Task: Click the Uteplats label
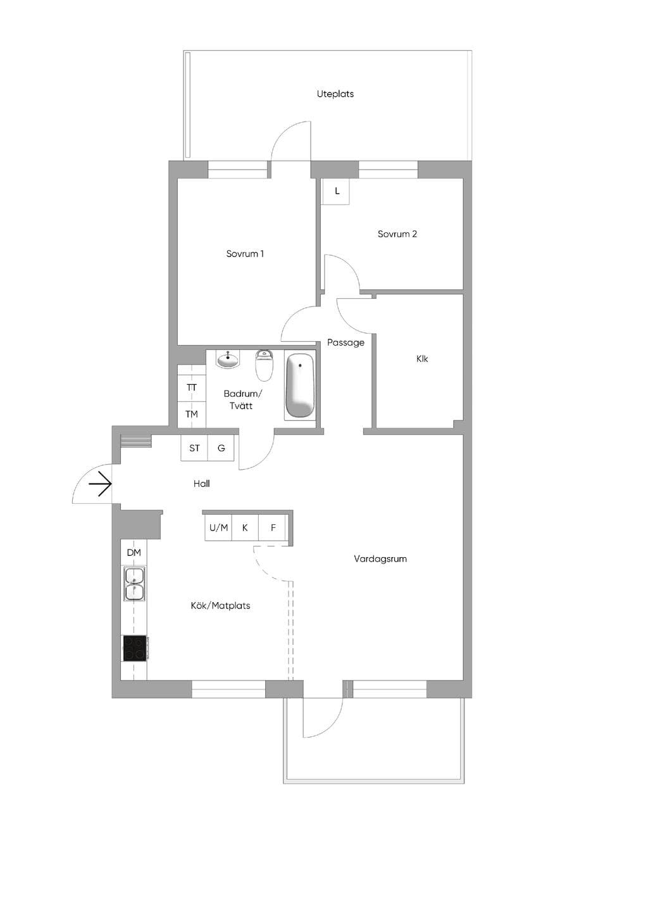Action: (x=335, y=94)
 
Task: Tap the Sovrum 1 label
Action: (x=245, y=254)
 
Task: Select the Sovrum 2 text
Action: (x=397, y=234)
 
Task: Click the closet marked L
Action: (x=335, y=191)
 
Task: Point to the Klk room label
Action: (x=422, y=359)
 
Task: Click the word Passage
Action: (x=346, y=342)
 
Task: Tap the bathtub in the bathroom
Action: (x=300, y=385)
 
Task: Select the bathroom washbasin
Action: (x=228, y=359)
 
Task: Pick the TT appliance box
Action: (x=192, y=388)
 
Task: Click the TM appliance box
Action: (x=192, y=414)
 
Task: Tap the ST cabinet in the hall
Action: (x=194, y=448)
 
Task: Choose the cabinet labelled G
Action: (x=221, y=448)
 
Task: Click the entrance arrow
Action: (x=100, y=484)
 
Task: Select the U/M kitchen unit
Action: (x=218, y=528)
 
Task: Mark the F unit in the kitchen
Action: (x=273, y=528)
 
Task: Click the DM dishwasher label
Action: (x=134, y=553)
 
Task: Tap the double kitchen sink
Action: (x=135, y=584)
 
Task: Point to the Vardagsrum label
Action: (x=380, y=559)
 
